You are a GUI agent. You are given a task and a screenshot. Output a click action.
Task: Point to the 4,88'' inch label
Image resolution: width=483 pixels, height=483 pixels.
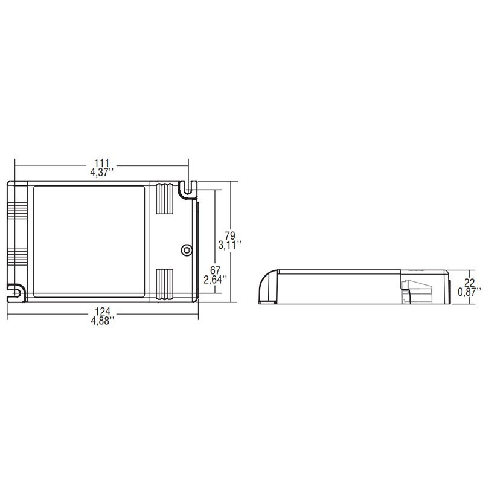pyautogui.click(x=103, y=321)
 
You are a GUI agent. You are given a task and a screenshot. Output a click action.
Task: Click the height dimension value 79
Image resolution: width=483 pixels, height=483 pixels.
pyautogui.click(x=229, y=235)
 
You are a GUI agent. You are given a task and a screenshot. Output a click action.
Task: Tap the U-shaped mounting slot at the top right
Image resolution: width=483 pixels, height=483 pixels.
pyautogui.click(x=188, y=189)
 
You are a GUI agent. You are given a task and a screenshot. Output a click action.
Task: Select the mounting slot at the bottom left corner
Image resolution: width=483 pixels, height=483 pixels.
pyautogui.click(x=16, y=293)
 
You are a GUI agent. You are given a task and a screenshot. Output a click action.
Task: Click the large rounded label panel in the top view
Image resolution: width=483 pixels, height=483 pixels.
pyautogui.click(x=89, y=241)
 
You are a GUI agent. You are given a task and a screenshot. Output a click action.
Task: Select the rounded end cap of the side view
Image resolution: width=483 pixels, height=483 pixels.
pyautogui.click(x=267, y=287)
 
